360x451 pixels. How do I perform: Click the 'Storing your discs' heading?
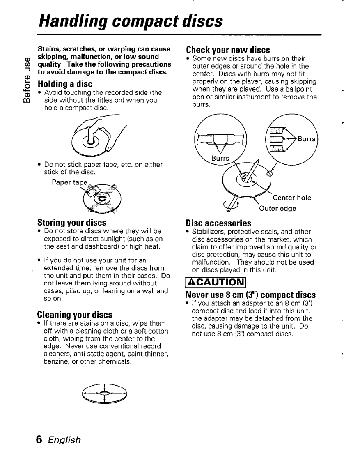pyautogui.click(x=72, y=222)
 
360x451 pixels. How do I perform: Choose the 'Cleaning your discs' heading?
pyautogui.click(x=75, y=315)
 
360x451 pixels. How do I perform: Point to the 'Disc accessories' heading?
pyautogui.click(x=218, y=223)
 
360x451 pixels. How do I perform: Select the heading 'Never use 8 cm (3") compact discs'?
pyautogui.click(x=251, y=295)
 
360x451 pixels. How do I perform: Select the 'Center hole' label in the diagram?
pyautogui.click(x=292, y=198)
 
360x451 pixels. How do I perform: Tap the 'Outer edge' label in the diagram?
pyautogui.click(x=277, y=208)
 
